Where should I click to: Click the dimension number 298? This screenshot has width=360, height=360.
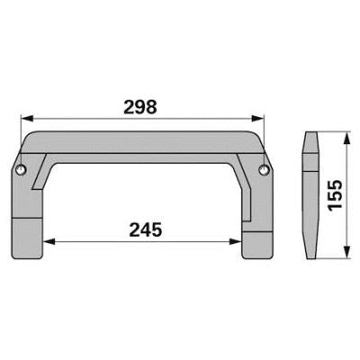pyautogui.click(x=140, y=107)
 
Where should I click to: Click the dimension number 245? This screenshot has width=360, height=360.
pyautogui.click(x=146, y=230)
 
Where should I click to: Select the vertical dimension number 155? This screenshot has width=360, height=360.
pyautogui.click(x=335, y=195)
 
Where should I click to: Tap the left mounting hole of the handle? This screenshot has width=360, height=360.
pyautogui.click(x=21, y=170)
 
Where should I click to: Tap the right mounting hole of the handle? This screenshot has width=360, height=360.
pyautogui.click(x=264, y=169)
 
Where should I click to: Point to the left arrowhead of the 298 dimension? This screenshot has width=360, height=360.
pyautogui.click(x=26, y=119)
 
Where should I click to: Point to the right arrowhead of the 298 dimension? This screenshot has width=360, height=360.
pyautogui.click(x=258, y=119)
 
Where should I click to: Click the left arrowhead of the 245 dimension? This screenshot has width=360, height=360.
pyautogui.click(x=49, y=241)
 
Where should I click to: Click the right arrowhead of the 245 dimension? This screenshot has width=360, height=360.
pyautogui.click(x=236, y=241)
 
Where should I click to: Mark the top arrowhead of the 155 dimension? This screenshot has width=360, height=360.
pyautogui.click(x=346, y=139)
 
